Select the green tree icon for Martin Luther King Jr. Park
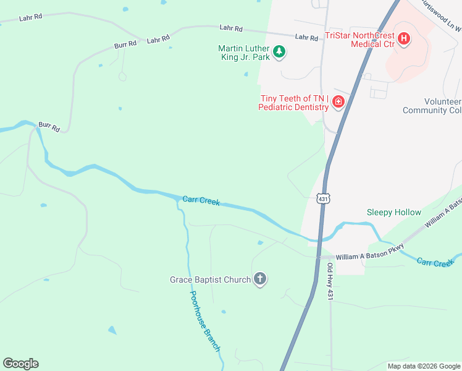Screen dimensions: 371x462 279,52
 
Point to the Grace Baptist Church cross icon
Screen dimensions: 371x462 260,279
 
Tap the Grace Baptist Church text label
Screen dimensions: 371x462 210,279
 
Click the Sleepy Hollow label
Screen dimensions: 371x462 393,212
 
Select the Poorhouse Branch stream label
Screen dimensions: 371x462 204,322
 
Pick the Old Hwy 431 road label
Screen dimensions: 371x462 330,281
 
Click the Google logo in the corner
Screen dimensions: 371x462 20,364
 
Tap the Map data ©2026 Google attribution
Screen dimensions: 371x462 424,366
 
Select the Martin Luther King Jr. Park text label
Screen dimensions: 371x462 245,53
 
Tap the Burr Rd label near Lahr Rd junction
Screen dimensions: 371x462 124,45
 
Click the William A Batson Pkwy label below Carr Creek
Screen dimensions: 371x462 369,254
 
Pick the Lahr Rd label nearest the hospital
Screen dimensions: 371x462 306,37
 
